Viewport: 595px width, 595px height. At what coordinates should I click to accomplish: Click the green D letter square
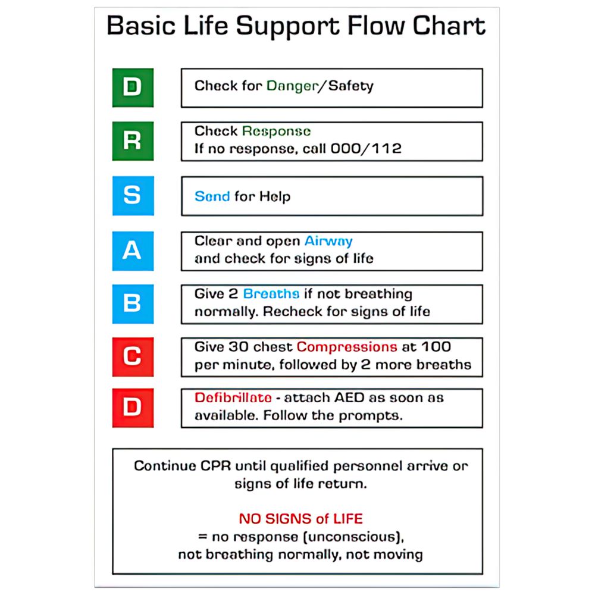point(133,87)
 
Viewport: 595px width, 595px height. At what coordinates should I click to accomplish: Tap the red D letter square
point(133,408)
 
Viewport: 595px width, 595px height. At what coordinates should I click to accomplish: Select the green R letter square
point(133,141)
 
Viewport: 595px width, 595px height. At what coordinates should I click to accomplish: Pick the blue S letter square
point(133,196)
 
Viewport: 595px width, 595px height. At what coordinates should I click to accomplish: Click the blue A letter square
point(133,250)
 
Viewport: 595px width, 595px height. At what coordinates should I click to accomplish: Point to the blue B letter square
point(133,303)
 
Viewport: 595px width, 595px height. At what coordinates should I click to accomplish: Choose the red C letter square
point(133,356)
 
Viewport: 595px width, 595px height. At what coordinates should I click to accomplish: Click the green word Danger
point(292,86)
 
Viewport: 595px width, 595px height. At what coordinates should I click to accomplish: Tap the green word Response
point(276,131)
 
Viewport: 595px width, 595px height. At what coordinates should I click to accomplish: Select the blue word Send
point(212,196)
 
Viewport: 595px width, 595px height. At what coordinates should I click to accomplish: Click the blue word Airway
point(328,241)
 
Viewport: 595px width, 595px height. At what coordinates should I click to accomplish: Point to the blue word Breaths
point(271,294)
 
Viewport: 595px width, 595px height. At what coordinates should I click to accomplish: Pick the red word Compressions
point(347,346)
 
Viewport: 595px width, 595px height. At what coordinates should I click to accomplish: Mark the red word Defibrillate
point(233,398)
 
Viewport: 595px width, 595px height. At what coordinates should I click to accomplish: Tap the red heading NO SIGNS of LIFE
point(300,518)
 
